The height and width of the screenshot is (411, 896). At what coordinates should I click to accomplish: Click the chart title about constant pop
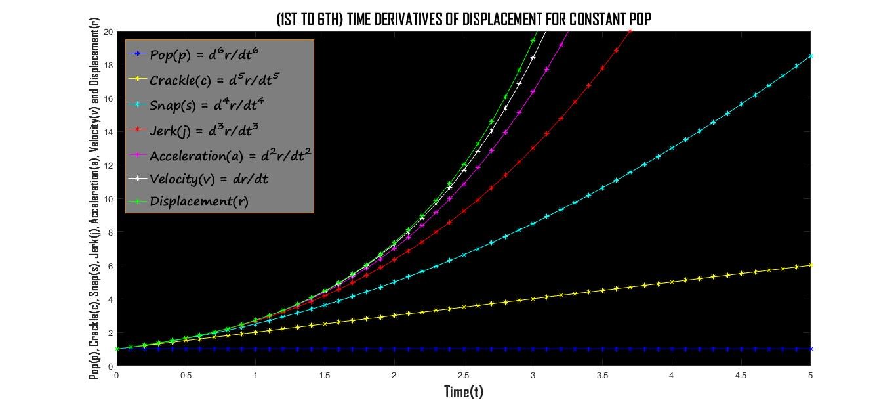tap(464, 20)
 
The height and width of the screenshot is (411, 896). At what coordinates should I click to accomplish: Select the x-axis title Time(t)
tap(464, 392)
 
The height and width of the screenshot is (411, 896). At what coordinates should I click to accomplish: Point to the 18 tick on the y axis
tap(109, 65)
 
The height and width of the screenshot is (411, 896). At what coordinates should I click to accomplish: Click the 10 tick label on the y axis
tap(109, 199)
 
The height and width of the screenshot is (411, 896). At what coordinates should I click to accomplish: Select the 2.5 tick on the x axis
tap(464, 376)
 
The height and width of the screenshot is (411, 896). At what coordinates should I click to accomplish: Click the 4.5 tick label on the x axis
tap(741, 376)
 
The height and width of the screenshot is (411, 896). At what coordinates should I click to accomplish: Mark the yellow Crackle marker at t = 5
tap(811, 265)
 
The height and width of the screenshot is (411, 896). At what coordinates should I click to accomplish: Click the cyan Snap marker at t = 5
tap(811, 56)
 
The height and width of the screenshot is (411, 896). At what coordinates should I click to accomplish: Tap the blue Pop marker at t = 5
tap(811, 349)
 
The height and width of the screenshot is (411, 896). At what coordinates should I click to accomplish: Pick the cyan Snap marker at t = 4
tap(672, 148)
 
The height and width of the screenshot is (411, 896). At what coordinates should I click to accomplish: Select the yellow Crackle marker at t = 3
tap(533, 299)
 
